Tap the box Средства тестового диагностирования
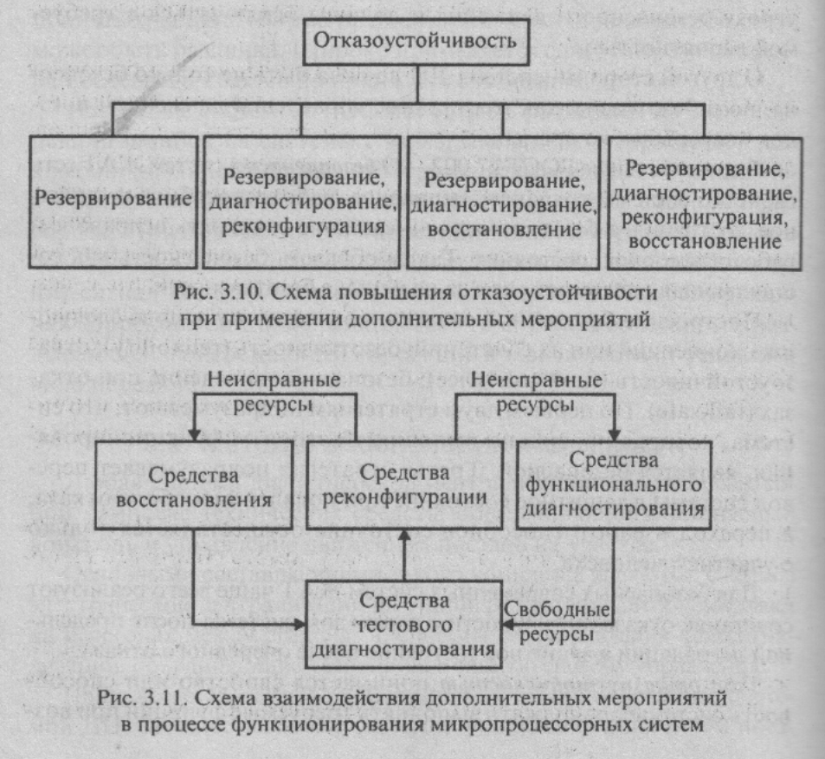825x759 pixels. [x=406, y=623]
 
